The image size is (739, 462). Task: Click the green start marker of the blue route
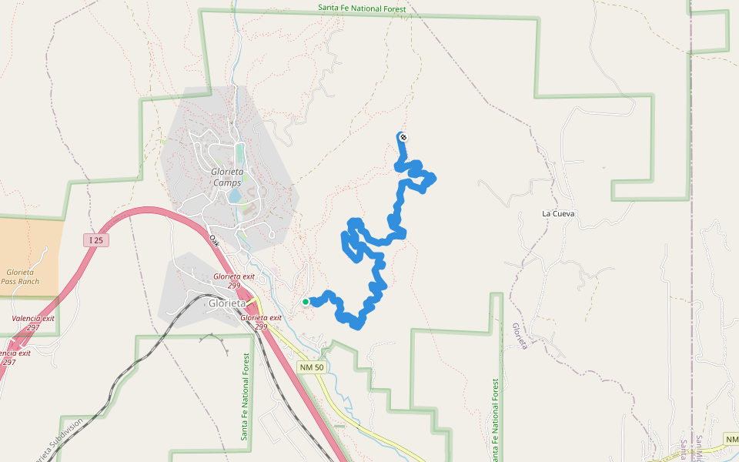point(306,302)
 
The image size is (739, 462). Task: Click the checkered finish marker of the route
point(403,138)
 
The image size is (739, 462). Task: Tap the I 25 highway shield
point(95,240)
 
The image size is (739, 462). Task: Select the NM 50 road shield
point(312,367)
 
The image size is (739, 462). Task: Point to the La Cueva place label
point(559,213)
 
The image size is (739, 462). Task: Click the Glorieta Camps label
point(227,177)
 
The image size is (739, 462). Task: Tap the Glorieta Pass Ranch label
point(19,277)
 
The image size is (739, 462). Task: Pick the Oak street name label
point(215,239)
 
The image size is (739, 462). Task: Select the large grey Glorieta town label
point(229,303)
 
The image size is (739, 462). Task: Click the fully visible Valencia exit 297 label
point(33,323)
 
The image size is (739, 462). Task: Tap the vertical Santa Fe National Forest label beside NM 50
point(245,397)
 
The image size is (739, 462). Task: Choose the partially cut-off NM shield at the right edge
point(732,439)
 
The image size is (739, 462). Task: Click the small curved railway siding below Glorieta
point(219,340)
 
